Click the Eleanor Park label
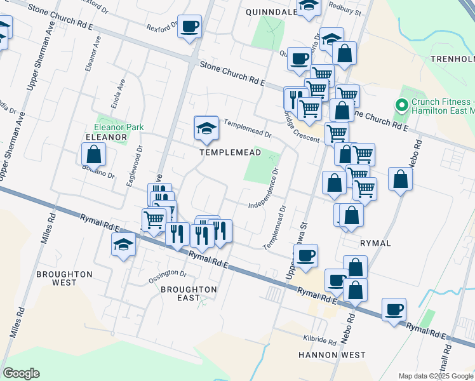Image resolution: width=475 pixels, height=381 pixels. [x=119, y=127]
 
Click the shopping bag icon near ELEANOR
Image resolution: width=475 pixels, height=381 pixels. [x=93, y=154]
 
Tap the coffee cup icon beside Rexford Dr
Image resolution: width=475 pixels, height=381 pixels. [x=189, y=27]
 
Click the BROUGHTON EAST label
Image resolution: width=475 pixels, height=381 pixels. [x=189, y=294]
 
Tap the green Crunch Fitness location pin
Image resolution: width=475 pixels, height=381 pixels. [x=401, y=105]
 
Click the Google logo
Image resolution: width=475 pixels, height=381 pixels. [x=21, y=373]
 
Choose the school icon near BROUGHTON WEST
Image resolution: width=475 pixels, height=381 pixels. [x=123, y=245]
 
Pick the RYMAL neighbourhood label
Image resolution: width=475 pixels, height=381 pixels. [x=375, y=243]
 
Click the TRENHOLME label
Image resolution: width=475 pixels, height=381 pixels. [x=452, y=59]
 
